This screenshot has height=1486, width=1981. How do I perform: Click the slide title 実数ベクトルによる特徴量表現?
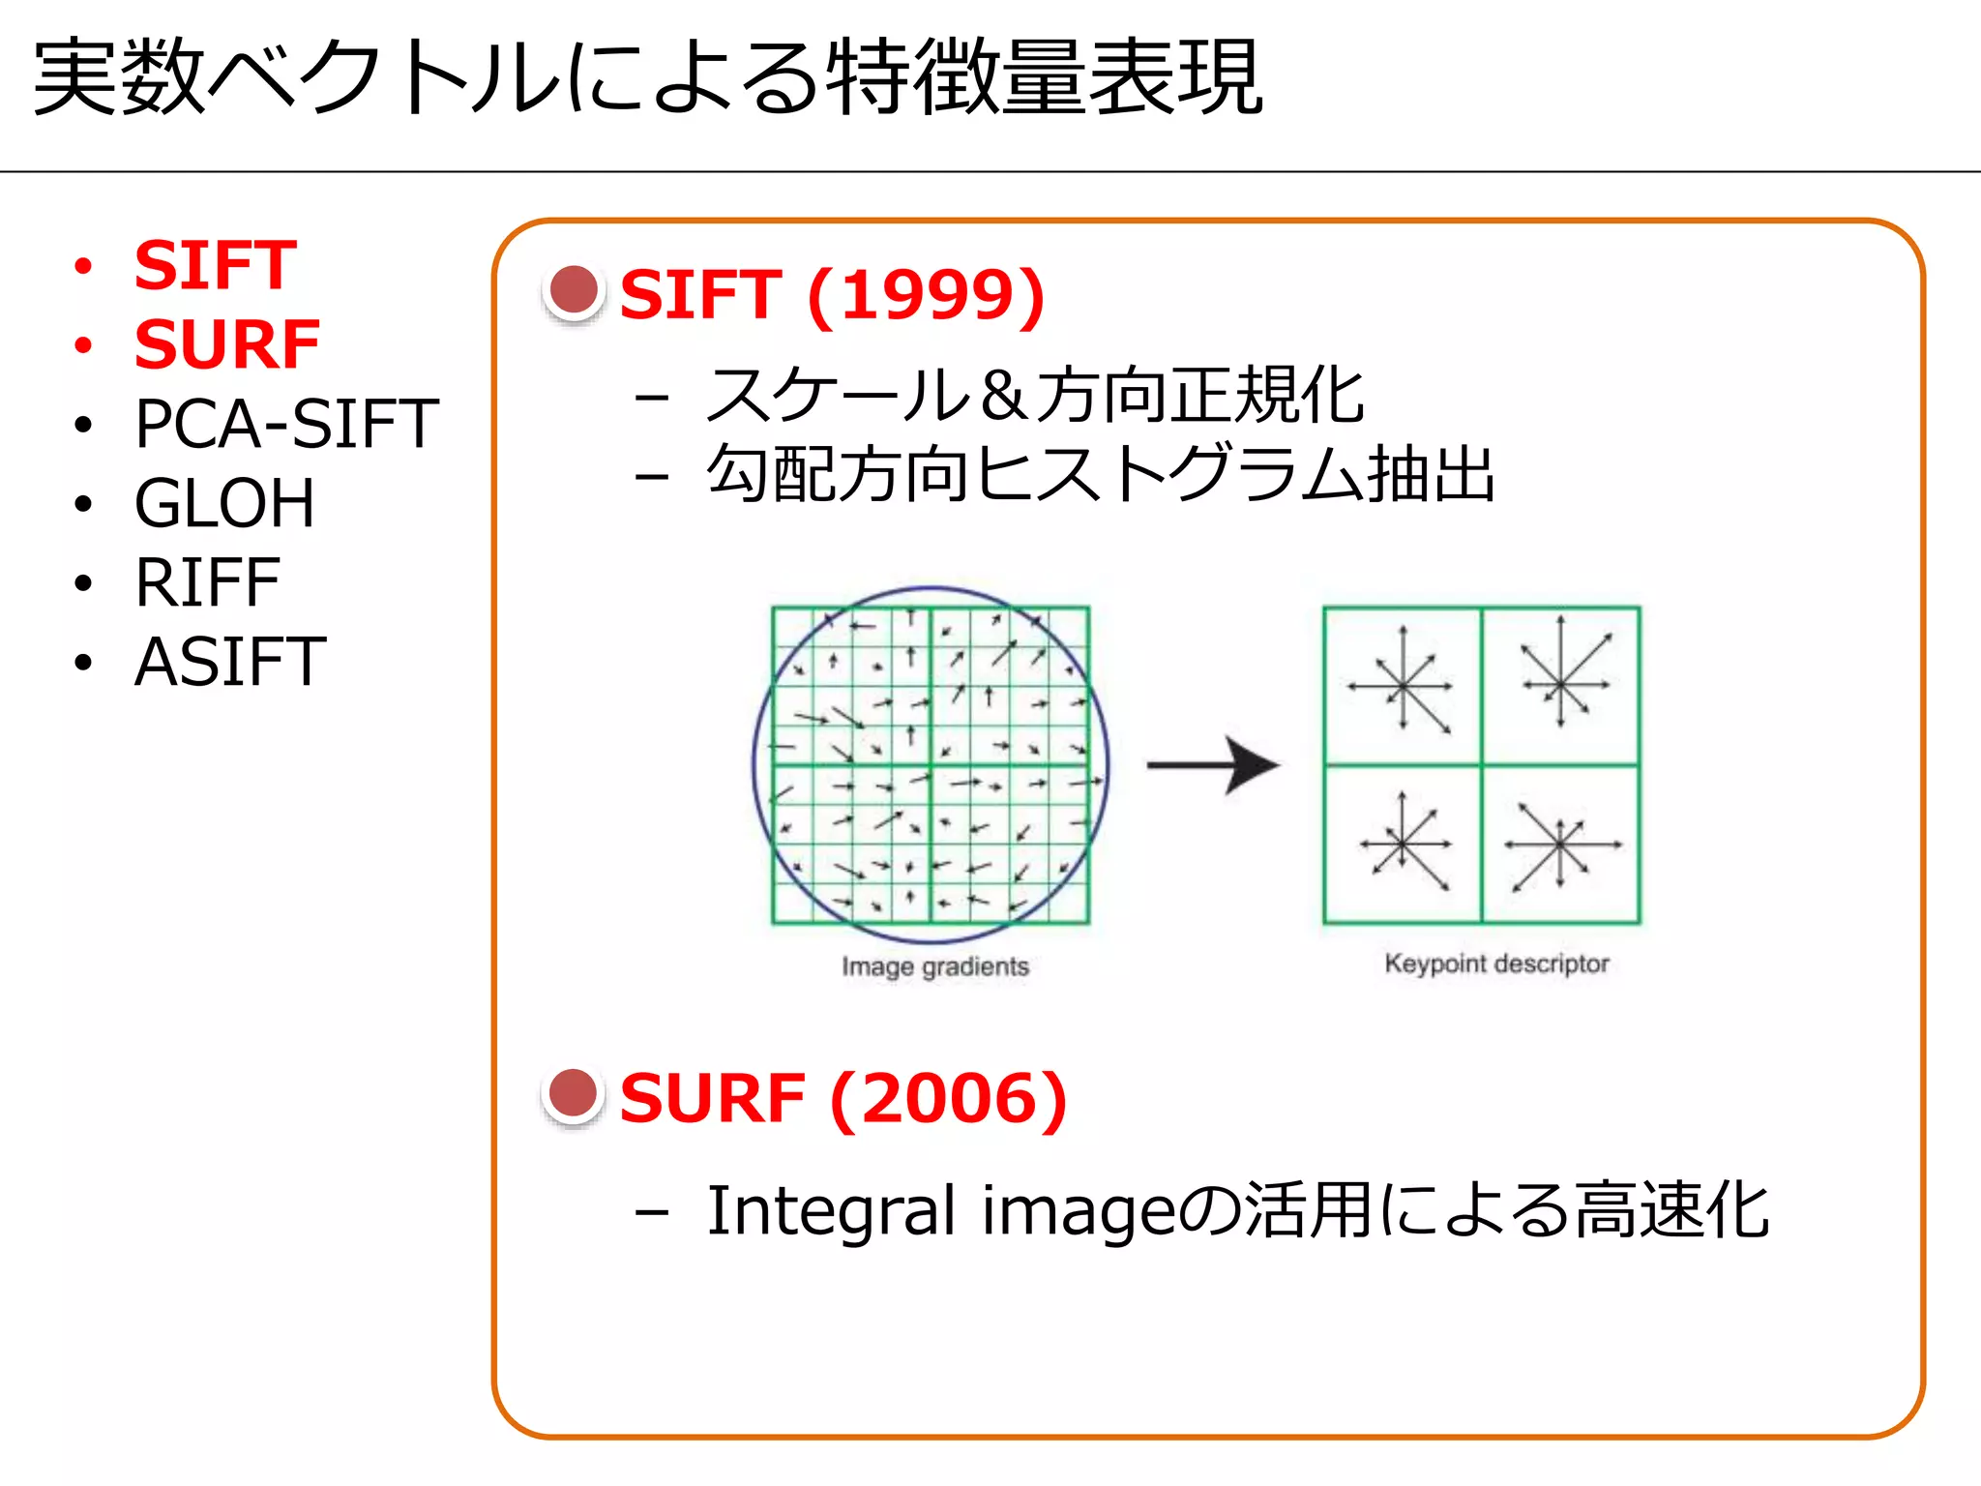[648, 77]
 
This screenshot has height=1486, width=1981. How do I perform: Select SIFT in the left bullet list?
[215, 265]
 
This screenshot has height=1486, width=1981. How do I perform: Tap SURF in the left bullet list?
[227, 344]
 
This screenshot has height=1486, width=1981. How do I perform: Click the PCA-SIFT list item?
[286, 424]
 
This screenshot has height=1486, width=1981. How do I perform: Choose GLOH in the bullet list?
[224, 503]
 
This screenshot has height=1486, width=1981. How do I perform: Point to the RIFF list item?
[207, 582]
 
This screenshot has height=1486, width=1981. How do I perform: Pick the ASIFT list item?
[230, 662]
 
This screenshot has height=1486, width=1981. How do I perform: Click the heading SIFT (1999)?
[832, 294]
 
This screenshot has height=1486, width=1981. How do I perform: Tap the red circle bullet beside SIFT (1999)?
[574, 290]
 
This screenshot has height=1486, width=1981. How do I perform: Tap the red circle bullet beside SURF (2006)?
[574, 1094]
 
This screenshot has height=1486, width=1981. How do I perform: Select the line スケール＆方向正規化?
[1035, 396]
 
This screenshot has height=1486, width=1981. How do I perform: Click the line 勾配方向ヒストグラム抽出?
[1101, 474]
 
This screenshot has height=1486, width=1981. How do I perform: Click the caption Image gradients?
[934, 966]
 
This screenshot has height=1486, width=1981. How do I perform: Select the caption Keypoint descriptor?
[1496, 964]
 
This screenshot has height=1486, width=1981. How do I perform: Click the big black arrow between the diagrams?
[1214, 764]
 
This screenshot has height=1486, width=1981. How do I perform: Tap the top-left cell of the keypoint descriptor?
[1403, 686]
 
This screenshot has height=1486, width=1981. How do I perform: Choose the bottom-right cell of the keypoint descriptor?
[1560, 844]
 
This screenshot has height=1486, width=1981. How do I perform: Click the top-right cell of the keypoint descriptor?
[1560, 686]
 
